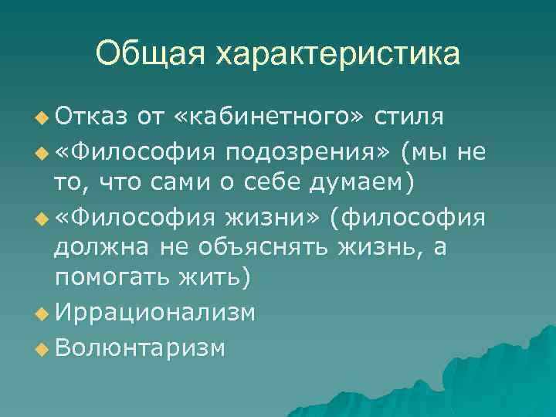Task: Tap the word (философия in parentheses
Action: pyautogui.click(x=408, y=216)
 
